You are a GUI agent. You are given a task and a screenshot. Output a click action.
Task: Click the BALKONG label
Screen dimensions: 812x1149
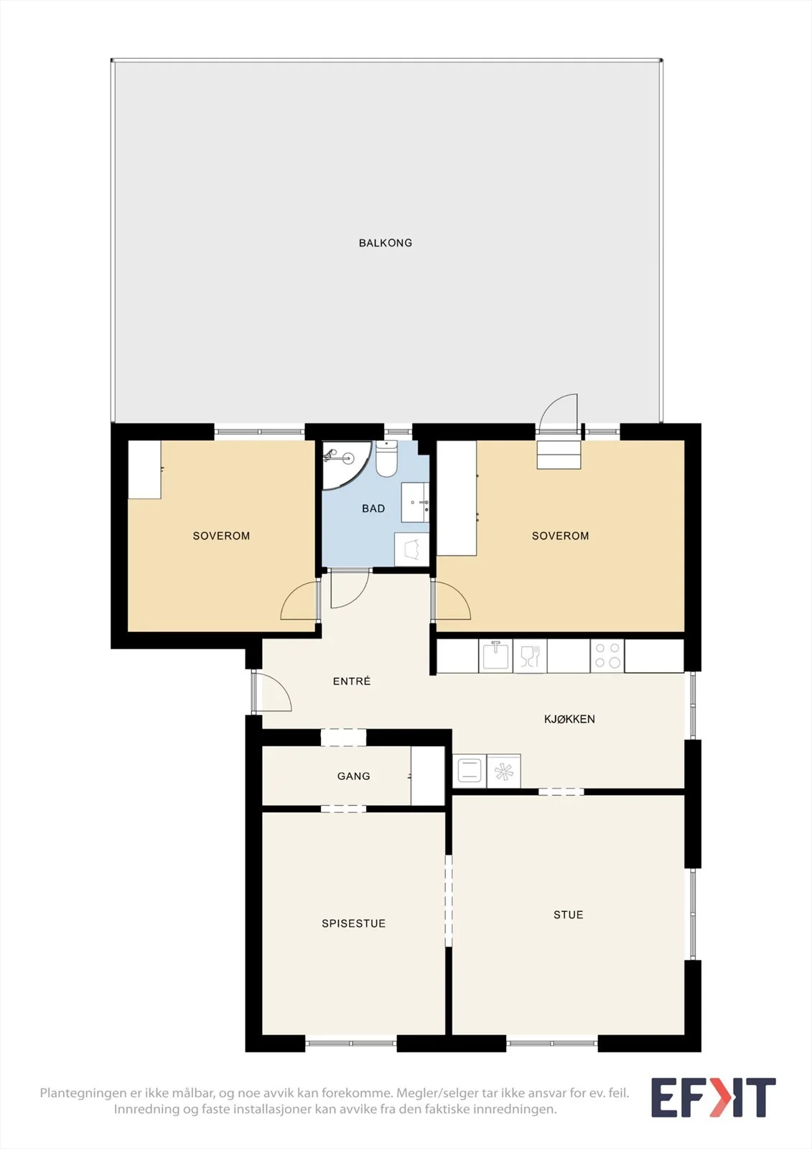pos(386,243)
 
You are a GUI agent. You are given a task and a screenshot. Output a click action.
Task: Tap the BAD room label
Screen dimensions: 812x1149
pos(373,509)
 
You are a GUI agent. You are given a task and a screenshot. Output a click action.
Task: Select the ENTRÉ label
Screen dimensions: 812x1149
pos(351,682)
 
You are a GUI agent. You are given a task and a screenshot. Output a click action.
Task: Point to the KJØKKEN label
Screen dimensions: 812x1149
pos(569,719)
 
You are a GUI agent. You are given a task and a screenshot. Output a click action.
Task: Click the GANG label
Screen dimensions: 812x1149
pos(353,776)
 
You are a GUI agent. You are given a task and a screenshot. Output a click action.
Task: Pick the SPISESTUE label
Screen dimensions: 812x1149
pos(353,924)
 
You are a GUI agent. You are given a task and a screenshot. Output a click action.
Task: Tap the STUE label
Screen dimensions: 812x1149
pos(569,915)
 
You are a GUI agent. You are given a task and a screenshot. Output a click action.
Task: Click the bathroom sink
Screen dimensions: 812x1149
pos(415,502)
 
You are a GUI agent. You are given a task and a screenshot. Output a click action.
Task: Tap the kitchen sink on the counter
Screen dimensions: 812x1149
pos(495,656)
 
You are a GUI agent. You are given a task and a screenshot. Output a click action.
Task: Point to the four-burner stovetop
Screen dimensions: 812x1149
pos(607,656)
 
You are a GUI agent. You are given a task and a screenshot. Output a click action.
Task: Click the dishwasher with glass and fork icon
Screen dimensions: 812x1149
pos(530,656)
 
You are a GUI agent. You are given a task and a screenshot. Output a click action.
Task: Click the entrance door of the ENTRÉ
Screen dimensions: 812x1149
pos(272,692)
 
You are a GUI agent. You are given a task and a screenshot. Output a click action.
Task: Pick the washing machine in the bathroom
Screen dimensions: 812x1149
pos(411,549)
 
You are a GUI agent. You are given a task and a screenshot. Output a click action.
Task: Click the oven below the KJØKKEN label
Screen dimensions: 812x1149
pos(470,771)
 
